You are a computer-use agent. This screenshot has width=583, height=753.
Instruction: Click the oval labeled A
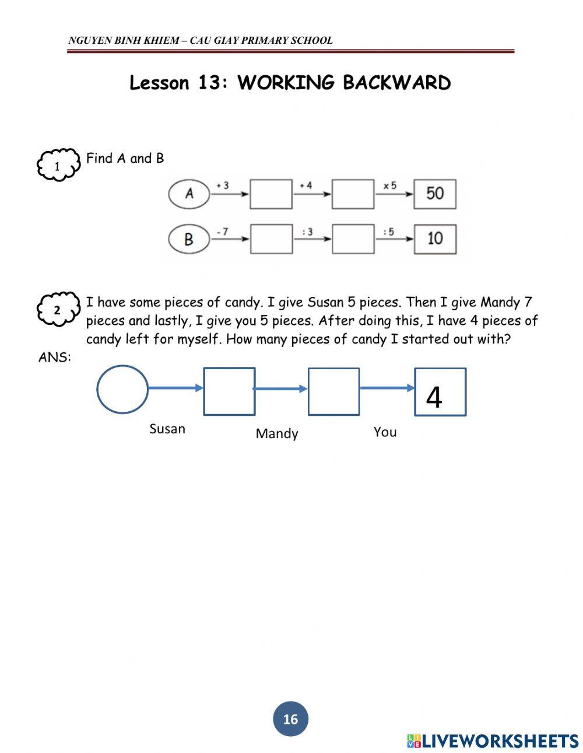pyautogui.click(x=189, y=194)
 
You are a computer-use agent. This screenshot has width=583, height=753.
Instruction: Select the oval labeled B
pyautogui.click(x=189, y=239)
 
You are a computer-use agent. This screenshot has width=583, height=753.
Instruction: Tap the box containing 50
pyautogui.click(x=435, y=194)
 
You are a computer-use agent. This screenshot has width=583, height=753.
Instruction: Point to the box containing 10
pyautogui.click(x=435, y=239)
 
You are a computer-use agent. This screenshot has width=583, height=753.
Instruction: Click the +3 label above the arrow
pyautogui.click(x=222, y=185)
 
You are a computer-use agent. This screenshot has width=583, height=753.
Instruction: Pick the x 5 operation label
pyautogui.click(x=389, y=185)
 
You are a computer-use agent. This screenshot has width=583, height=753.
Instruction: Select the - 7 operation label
pyautogui.click(x=222, y=232)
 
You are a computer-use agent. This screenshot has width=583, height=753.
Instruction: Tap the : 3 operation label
pyautogui.click(x=307, y=232)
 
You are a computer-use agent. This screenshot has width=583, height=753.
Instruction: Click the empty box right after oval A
pyautogui.click(x=271, y=194)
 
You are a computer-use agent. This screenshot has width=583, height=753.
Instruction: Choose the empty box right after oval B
pyautogui.click(x=271, y=239)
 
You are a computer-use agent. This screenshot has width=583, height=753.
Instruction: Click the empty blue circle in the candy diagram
pyautogui.click(x=122, y=389)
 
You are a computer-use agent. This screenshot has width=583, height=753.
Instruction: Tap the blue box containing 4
pyautogui.click(x=440, y=391)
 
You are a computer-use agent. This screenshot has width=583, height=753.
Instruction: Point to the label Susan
pyautogui.click(x=167, y=429)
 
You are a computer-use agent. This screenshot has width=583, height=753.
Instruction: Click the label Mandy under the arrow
pyautogui.click(x=277, y=433)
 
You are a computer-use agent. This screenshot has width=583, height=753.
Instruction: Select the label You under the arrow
pyautogui.click(x=385, y=432)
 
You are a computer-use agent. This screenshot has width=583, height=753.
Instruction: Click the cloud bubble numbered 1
pyautogui.click(x=58, y=166)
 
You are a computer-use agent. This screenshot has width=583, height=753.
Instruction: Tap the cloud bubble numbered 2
pyautogui.click(x=57, y=310)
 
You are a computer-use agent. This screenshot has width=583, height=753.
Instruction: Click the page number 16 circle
pyautogui.click(x=290, y=719)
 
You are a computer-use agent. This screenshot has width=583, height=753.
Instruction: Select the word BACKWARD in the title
pyautogui.click(x=396, y=83)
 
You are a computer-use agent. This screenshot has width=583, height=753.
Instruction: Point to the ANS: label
pyautogui.click(x=55, y=358)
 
